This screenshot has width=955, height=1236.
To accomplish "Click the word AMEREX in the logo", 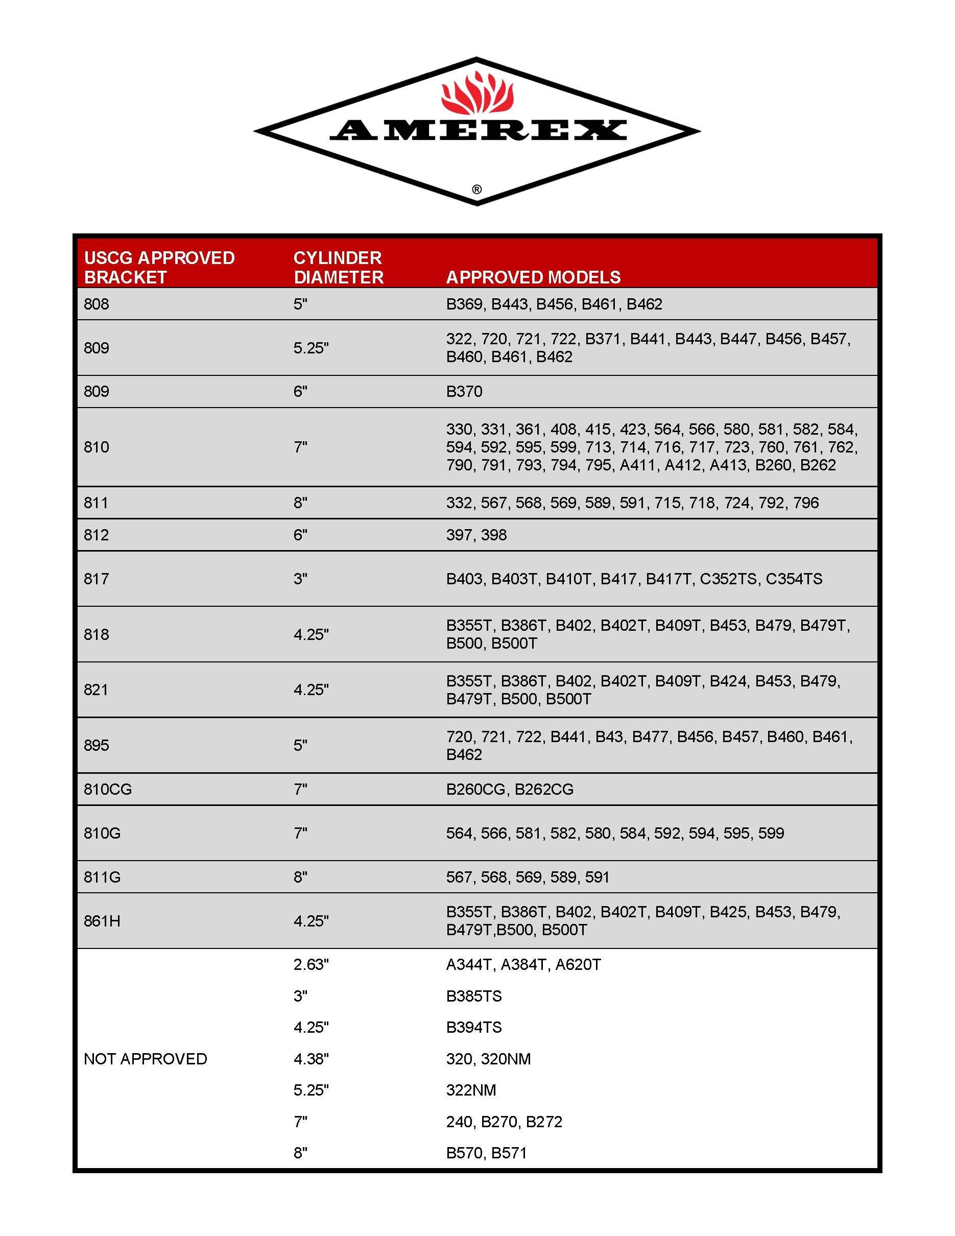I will [x=478, y=131].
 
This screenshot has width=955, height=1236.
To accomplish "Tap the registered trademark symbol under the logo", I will [x=477, y=189].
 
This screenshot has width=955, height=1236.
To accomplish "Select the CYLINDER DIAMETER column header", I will [x=338, y=267].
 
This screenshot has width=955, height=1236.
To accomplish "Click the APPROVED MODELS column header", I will [x=533, y=277].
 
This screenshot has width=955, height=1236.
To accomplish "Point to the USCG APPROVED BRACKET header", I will [x=159, y=267].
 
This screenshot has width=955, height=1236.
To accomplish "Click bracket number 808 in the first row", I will [x=96, y=304].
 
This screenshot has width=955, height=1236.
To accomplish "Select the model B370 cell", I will [x=464, y=391].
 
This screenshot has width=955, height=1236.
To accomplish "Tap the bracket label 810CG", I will [x=107, y=789].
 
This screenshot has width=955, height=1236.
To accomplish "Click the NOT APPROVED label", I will [x=146, y=1059].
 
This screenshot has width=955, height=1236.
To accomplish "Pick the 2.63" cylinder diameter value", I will [x=311, y=964].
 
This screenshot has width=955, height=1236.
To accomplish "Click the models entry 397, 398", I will [x=476, y=535].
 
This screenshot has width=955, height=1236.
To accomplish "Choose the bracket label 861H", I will [x=102, y=921].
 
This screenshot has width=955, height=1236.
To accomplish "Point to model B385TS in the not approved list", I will [x=473, y=996].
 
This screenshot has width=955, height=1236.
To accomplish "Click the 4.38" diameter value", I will [x=311, y=1059].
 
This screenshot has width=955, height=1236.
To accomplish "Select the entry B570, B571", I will [x=486, y=1153].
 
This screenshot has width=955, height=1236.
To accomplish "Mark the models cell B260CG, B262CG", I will [x=509, y=789].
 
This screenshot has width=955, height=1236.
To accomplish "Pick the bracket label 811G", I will [x=102, y=876].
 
